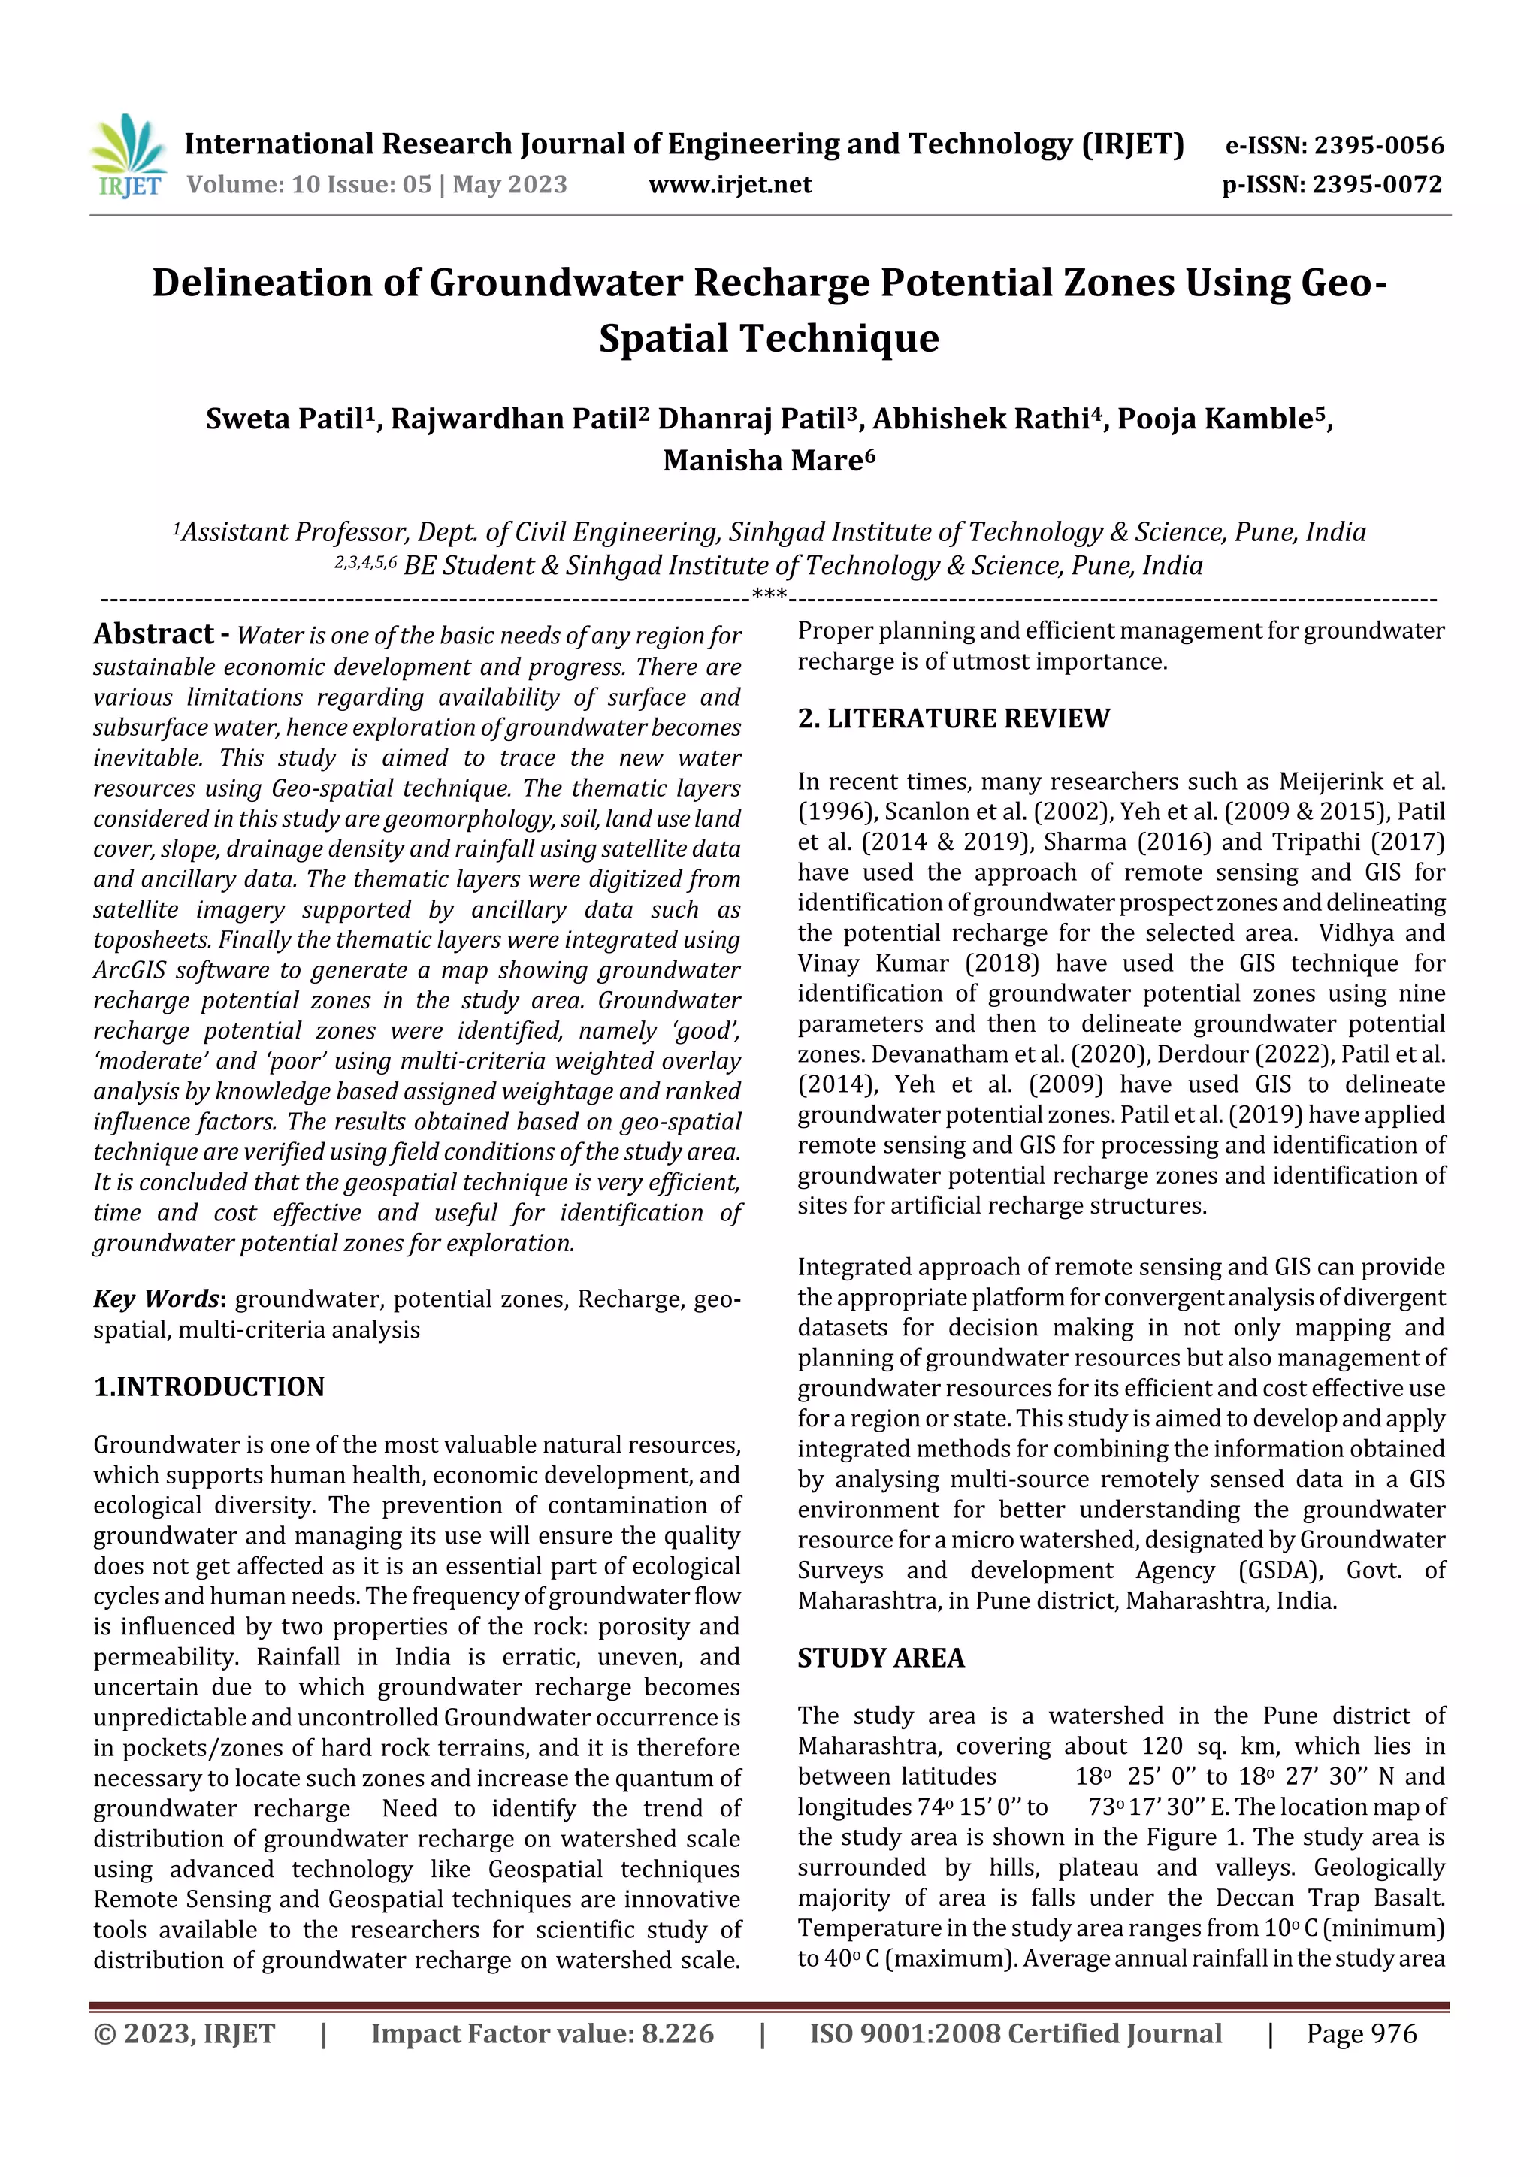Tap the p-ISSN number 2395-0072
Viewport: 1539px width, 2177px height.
coord(1377,184)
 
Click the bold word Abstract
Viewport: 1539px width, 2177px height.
coord(153,634)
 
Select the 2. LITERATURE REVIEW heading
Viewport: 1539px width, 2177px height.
coord(953,718)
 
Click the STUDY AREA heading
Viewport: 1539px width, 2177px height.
coord(880,1658)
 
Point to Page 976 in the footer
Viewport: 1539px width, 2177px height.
coord(1361,2033)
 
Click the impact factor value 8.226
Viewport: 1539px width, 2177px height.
coord(677,2033)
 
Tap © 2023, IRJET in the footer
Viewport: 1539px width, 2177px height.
coord(184,2033)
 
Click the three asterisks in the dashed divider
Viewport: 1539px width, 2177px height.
coord(768,597)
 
